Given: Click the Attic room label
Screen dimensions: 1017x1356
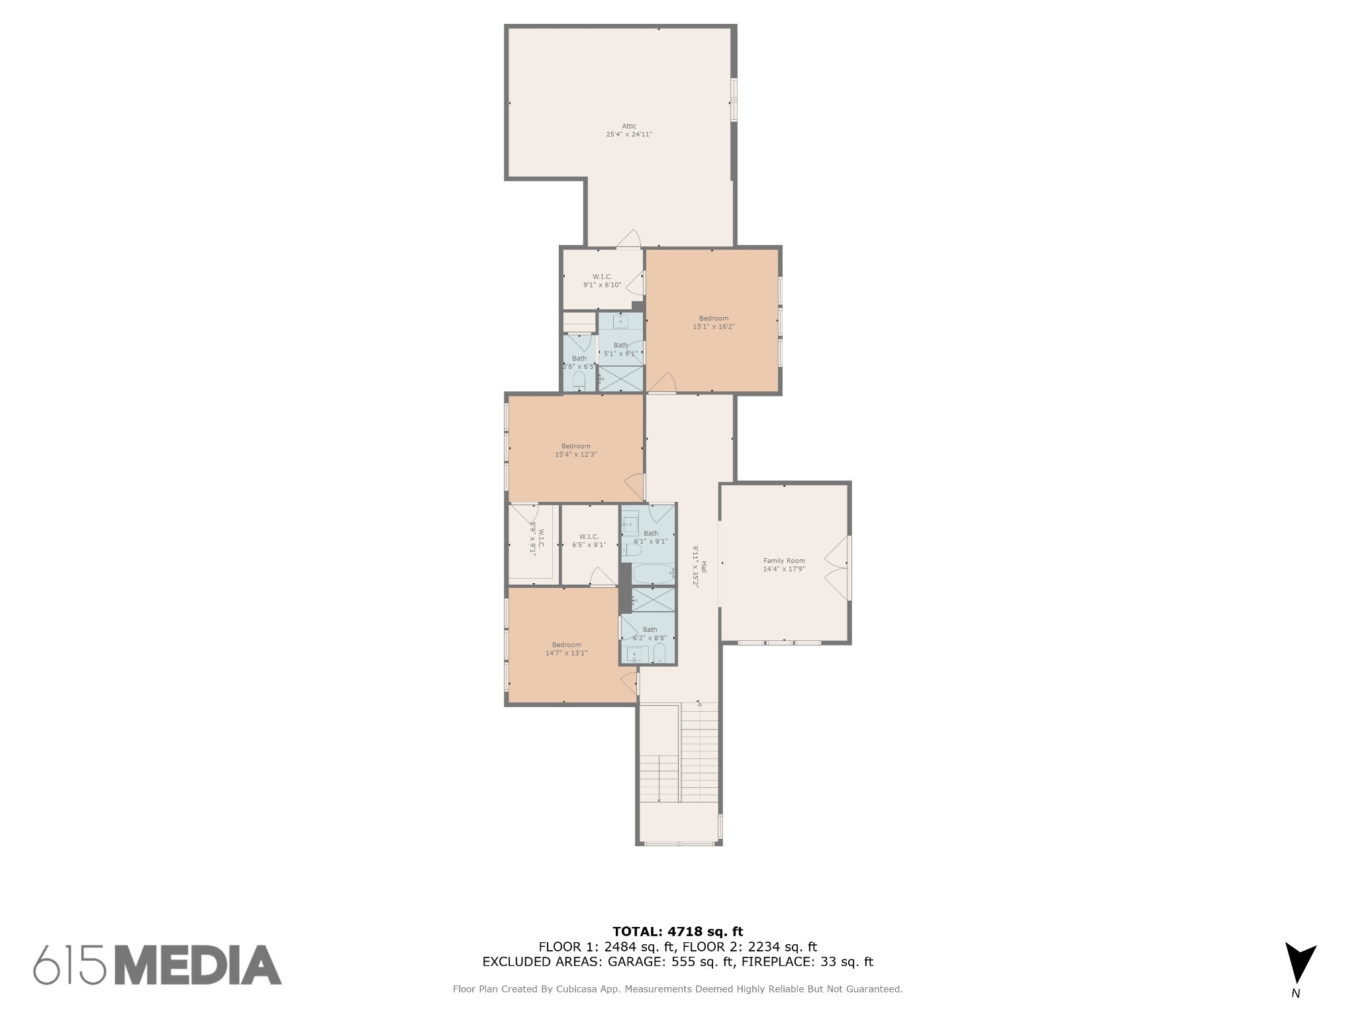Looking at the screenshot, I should click(629, 126).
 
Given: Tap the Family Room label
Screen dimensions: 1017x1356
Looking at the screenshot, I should click(784, 561).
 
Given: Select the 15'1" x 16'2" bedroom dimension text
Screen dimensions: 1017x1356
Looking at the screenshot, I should click(714, 326).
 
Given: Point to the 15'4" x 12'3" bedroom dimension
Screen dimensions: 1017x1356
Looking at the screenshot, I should click(576, 454).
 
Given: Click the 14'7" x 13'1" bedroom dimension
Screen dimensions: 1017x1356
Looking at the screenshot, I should click(566, 653).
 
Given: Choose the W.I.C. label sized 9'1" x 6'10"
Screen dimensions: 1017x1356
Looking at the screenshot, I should click(602, 277).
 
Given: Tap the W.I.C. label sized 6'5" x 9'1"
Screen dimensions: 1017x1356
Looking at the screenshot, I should click(589, 536).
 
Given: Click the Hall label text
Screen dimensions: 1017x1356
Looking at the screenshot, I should click(704, 567).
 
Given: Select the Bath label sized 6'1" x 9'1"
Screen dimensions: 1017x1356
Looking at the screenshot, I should click(651, 533).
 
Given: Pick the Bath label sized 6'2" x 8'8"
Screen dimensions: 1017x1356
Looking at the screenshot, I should click(650, 630).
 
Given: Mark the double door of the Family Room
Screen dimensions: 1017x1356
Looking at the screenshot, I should click(837, 568).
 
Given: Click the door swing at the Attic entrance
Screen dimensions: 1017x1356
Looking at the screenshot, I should click(629, 239).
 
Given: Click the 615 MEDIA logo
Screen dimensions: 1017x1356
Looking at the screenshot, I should click(158, 965).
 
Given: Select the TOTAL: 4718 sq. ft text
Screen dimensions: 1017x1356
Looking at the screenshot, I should click(677, 932).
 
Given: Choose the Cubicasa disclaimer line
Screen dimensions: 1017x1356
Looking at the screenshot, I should click(677, 989).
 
